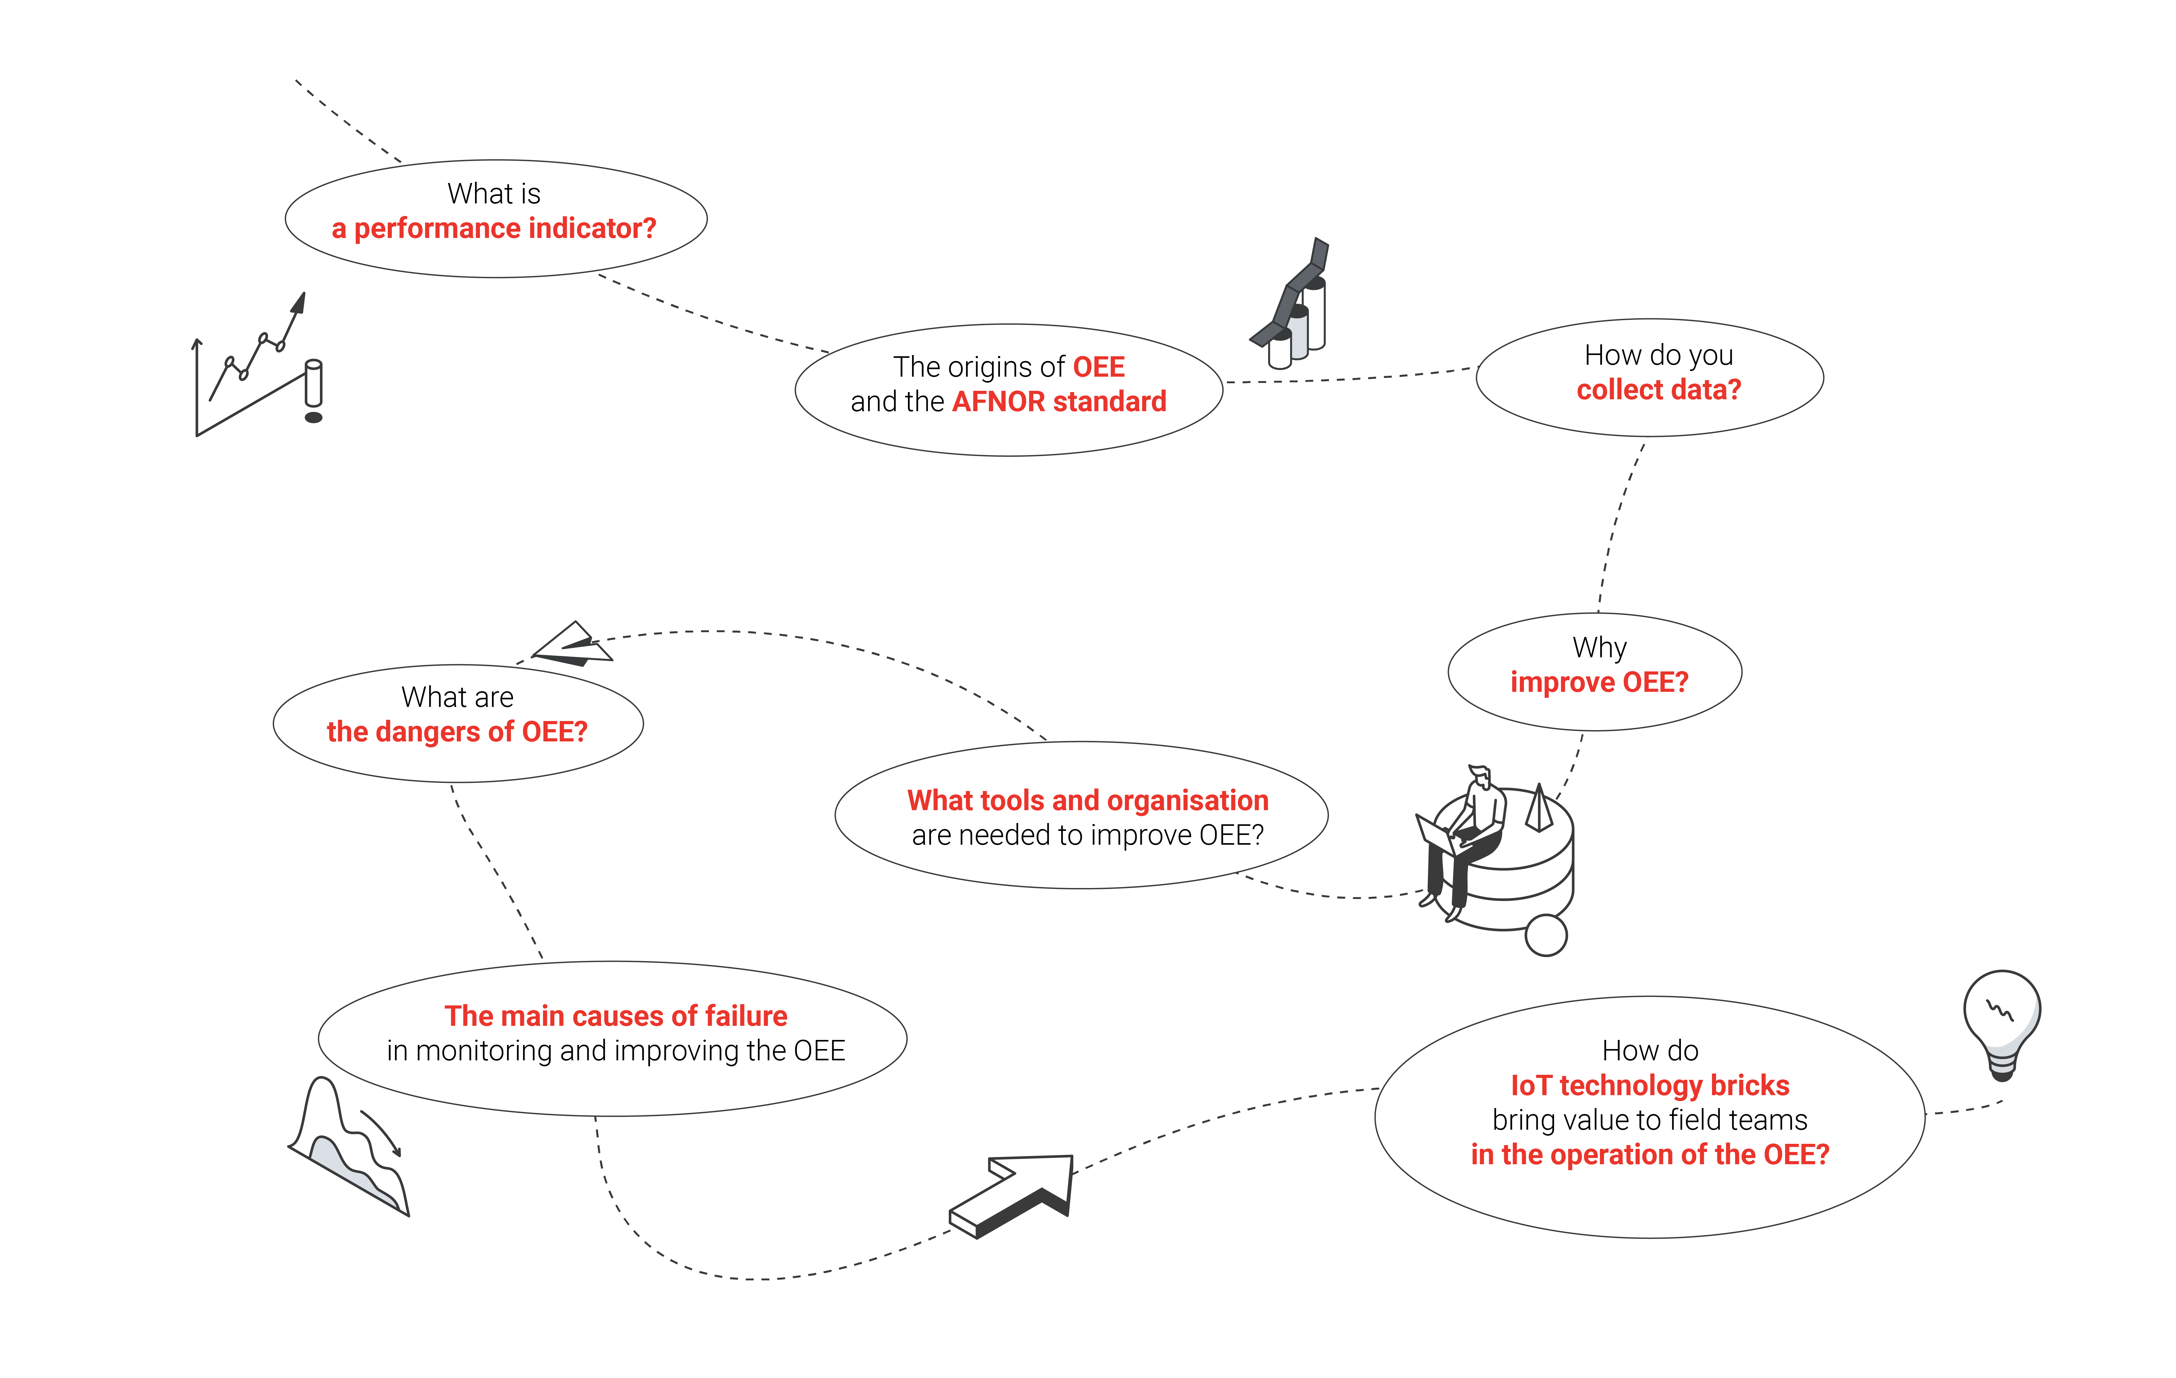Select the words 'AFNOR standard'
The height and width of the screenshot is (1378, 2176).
(1059, 401)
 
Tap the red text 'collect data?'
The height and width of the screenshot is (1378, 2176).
(1658, 390)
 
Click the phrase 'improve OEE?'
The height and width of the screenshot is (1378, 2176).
(1599, 682)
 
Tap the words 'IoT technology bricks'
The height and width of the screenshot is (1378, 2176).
(1649, 1085)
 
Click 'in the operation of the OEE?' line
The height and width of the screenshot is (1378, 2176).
(1649, 1155)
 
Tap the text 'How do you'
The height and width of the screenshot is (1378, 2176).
(1658, 355)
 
